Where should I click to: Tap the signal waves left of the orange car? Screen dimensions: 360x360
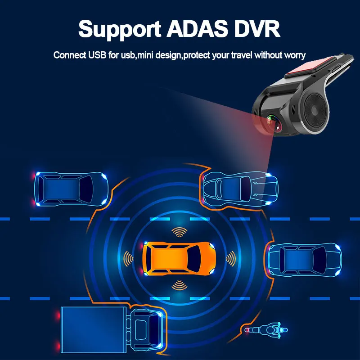tap(130, 258)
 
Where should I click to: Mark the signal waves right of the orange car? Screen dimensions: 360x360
tap(230, 258)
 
